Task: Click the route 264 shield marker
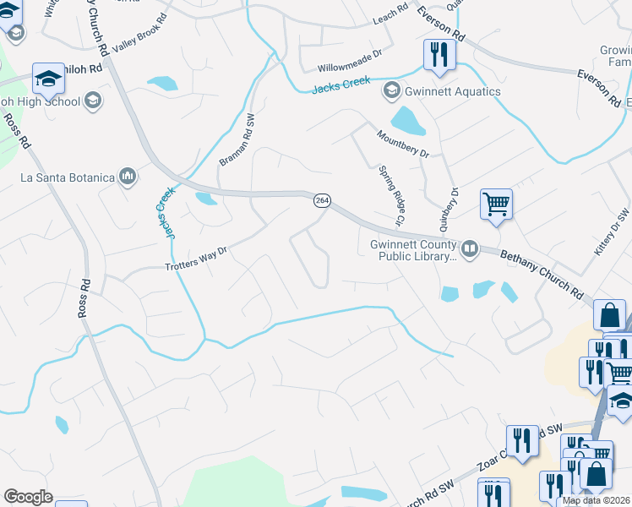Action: point(322,200)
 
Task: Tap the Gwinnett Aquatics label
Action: point(453,91)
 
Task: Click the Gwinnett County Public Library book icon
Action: point(469,248)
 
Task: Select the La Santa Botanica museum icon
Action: point(128,176)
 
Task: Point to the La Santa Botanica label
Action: point(67,177)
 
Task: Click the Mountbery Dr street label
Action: point(404,143)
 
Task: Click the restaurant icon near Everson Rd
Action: point(439,55)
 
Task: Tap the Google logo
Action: point(28,497)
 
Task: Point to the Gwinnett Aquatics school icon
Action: point(391,91)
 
